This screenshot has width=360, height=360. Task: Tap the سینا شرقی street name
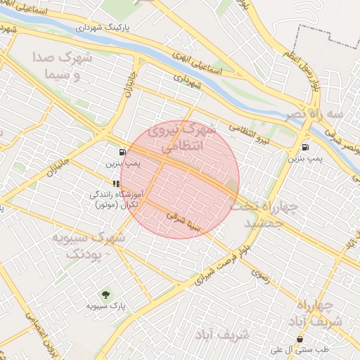[x=185, y=222]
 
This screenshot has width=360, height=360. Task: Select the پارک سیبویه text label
[x=105, y=306]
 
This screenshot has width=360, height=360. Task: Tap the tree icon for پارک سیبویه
[x=105, y=293]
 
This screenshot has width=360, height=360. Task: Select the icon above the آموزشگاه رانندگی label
[x=116, y=184]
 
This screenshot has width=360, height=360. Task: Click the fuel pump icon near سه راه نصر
[x=304, y=147]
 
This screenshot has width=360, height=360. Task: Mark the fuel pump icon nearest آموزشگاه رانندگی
[x=123, y=151]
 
